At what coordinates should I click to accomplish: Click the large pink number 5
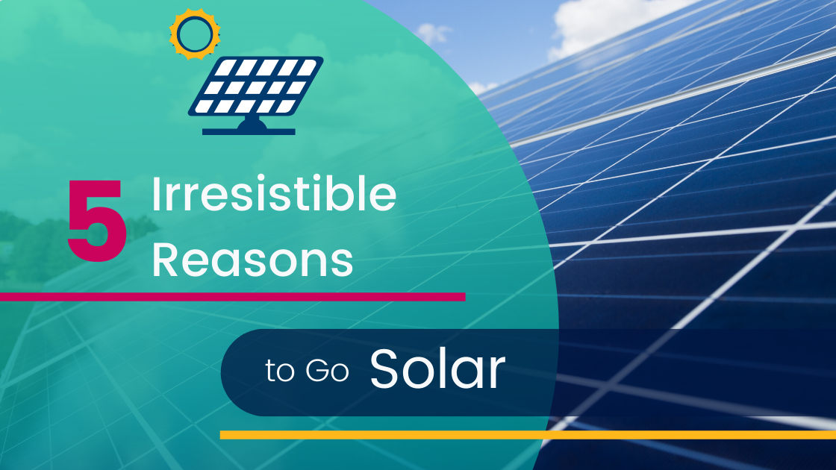(97, 220)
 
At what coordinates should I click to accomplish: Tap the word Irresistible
(274, 193)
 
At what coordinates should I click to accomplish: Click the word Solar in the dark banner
(437, 369)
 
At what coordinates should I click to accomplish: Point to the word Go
(328, 371)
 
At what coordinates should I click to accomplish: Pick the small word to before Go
(280, 372)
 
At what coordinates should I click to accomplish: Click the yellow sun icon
(195, 34)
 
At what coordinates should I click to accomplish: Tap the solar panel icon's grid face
(256, 86)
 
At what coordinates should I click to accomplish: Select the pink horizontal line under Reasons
(232, 297)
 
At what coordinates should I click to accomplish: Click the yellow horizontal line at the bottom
(528, 435)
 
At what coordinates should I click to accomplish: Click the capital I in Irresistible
(156, 194)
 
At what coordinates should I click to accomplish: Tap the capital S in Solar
(384, 369)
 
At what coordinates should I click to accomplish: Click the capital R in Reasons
(165, 260)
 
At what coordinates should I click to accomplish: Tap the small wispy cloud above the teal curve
(432, 33)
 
